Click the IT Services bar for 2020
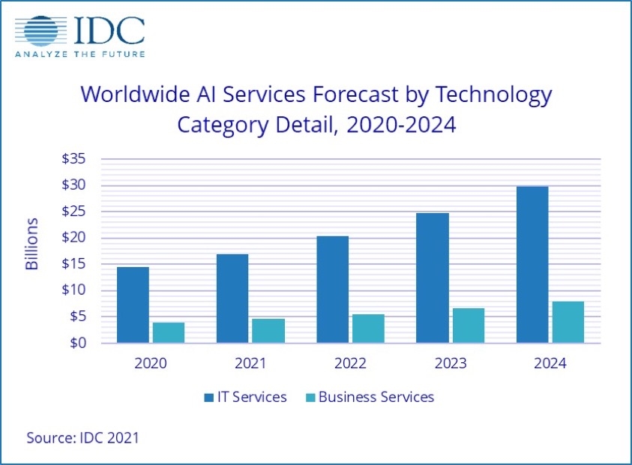(133, 304)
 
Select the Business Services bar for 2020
(169, 332)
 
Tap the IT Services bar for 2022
(332, 289)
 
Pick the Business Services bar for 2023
(469, 325)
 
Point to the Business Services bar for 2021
(268, 330)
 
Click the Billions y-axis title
(32, 244)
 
